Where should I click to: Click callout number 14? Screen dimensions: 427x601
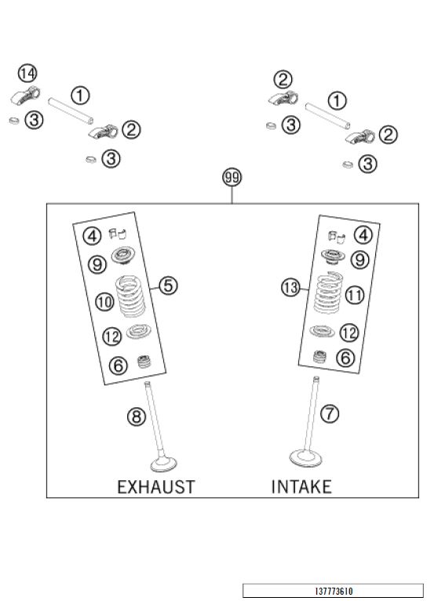click(27, 73)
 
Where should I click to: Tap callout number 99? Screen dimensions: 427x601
click(232, 177)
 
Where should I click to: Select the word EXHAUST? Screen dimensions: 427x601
click(156, 487)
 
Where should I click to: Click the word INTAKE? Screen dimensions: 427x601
click(301, 486)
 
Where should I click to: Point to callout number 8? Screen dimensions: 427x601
click(137, 417)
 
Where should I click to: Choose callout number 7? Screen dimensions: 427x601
click(330, 413)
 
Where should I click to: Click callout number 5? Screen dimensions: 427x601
click(168, 286)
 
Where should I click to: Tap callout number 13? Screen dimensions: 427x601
click(290, 287)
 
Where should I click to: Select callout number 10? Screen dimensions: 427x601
click(104, 301)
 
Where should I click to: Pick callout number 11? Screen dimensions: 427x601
click(355, 295)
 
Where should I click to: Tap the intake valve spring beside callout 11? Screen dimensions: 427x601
click(328, 292)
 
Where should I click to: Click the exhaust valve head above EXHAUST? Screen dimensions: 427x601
click(164, 464)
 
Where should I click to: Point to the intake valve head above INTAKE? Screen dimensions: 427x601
click(305, 458)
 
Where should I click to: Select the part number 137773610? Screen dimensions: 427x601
click(334, 591)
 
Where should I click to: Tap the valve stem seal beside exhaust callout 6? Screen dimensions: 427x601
click(144, 362)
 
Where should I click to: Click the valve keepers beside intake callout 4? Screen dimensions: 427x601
click(337, 236)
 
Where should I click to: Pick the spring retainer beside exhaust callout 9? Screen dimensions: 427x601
click(123, 256)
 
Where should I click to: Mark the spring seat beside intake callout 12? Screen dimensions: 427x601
click(322, 331)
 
